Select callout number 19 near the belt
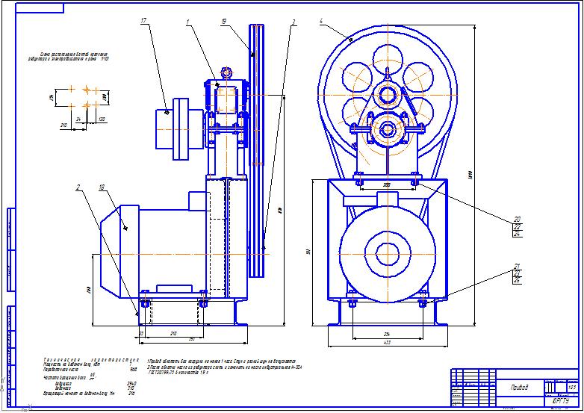[224, 23]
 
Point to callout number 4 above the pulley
[321, 22]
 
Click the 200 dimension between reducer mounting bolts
[387, 183]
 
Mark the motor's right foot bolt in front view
[423, 304]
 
